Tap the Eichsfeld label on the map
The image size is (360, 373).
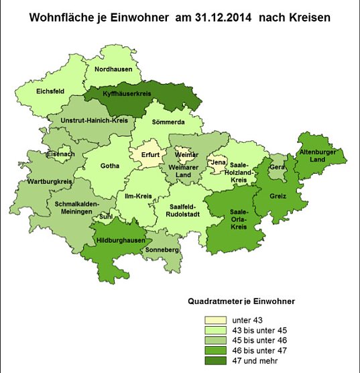pyautogui.click(x=50, y=91)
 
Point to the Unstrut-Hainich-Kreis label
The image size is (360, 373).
pyautogui.click(x=95, y=120)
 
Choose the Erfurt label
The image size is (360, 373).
pyautogui.click(x=151, y=155)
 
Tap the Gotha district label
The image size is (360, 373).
pyautogui.click(x=110, y=166)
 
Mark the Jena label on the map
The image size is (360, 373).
pyautogui.click(x=218, y=162)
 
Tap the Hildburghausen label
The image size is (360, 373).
pyautogui.click(x=121, y=239)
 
